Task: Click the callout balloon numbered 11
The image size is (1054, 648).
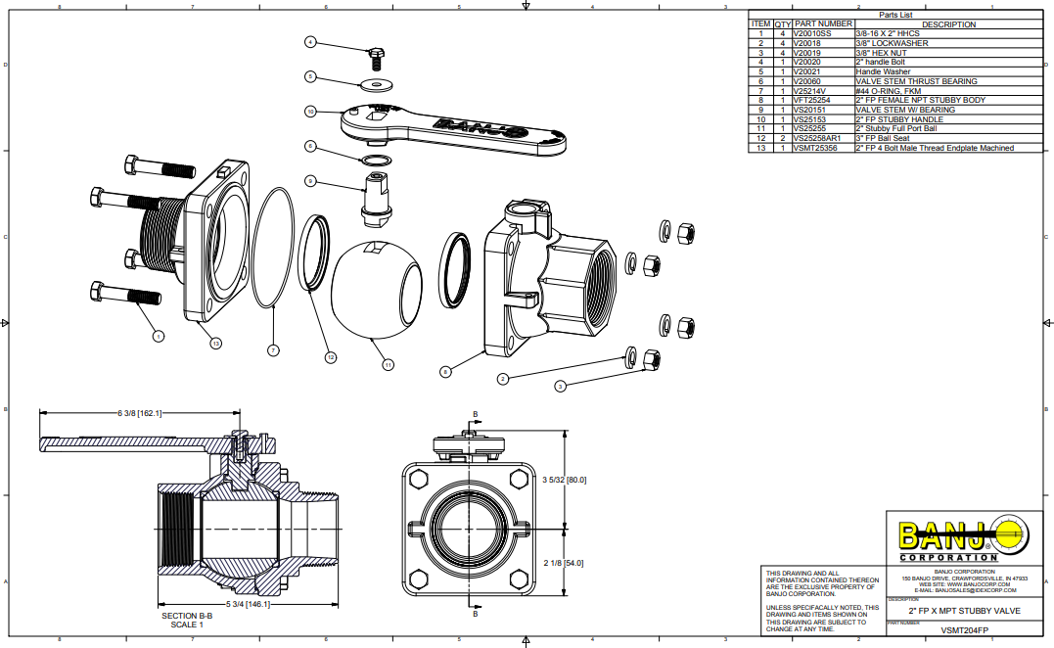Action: pyautogui.click(x=389, y=364)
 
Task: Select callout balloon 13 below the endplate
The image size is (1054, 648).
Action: pyautogui.click(x=215, y=342)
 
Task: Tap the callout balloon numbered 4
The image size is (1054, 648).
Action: pyautogui.click(x=310, y=42)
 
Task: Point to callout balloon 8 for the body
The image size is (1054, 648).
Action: pyautogui.click(x=445, y=371)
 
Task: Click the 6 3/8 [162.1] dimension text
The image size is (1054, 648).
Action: pyautogui.click(x=139, y=413)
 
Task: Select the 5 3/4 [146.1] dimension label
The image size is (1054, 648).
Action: pyautogui.click(x=249, y=604)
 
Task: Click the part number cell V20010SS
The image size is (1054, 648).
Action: pyautogui.click(x=815, y=33)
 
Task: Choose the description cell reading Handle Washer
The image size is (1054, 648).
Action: pyautogui.click(x=883, y=71)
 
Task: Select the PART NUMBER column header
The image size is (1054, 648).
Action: pyautogui.click(x=823, y=23)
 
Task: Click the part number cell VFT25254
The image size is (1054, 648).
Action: pyautogui.click(x=812, y=100)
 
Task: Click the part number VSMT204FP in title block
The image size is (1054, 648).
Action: pyautogui.click(x=964, y=631)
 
